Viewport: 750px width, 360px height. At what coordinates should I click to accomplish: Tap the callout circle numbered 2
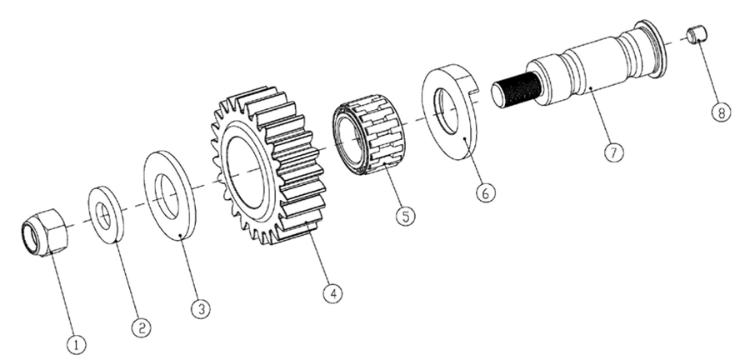coord(141,328)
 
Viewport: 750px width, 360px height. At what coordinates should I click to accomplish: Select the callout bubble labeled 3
coord(201,309)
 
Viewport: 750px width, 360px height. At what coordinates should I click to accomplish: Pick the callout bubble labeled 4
coord(332,293)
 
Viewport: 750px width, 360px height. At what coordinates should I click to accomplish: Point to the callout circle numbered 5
coord(406,216)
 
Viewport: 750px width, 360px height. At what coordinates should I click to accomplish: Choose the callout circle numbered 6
coord(486,192)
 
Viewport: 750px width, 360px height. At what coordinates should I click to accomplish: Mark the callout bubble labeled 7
coord(613,152)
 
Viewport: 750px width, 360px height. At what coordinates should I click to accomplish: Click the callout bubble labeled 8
coord(722,112)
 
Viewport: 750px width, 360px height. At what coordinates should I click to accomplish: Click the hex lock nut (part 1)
coord(45,232)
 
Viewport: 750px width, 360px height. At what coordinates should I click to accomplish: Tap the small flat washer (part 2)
coord(106,215)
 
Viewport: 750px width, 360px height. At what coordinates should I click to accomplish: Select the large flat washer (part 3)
coord(170,194)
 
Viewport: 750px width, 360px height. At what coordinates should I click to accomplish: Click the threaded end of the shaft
coord(516,88)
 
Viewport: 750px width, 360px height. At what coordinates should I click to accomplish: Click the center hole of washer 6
coord(446,112)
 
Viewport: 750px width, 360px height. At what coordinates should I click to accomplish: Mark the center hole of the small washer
coord(102,216)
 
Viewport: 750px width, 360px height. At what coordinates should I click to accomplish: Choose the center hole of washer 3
coord(167,196)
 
